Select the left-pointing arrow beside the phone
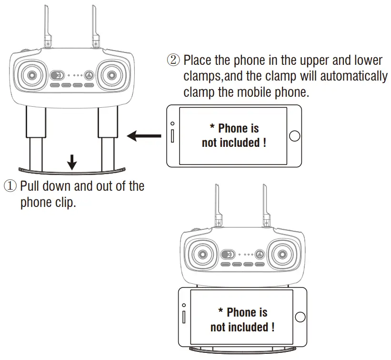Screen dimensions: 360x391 [144, 137]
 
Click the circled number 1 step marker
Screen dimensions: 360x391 [10, 185]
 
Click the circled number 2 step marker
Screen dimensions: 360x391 [173, 61]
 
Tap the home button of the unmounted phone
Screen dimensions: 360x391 [294, 135]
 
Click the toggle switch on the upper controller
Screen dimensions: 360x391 [58, 75]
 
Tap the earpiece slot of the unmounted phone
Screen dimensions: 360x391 [172, 135]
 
